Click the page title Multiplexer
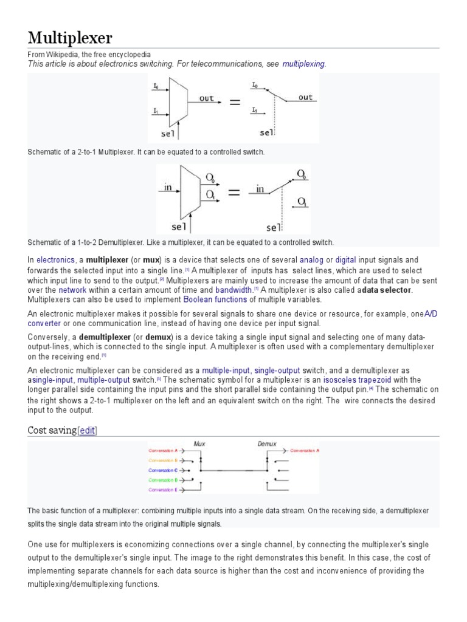pos(70,38)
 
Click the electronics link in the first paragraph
pos(55,260)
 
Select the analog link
pos(311,260)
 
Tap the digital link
pos(345,260)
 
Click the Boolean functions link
pos(215,299)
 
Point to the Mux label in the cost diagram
pos(199,443)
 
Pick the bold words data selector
pos(387,290)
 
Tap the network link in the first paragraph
pos(72,290)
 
